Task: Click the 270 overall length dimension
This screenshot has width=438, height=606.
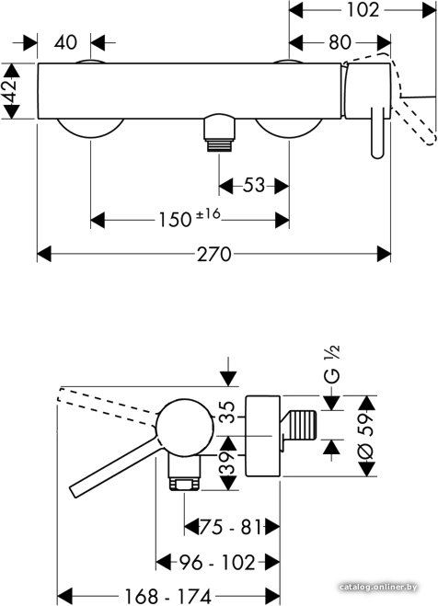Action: (x=213, y=255)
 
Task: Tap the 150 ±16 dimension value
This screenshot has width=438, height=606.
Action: (x=190, y=218)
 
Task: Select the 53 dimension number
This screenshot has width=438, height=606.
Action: (x=254, y=186)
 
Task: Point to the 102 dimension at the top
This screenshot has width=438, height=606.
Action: (x=363, y=10)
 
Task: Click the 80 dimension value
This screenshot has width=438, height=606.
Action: (x=340, y=42)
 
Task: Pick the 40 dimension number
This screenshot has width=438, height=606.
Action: (x=65, y=42)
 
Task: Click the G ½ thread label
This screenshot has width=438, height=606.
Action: (x=331, y=364)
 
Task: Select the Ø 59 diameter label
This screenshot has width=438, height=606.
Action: (x=365, y=436)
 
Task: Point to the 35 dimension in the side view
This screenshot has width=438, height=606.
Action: (x=227, y=412)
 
